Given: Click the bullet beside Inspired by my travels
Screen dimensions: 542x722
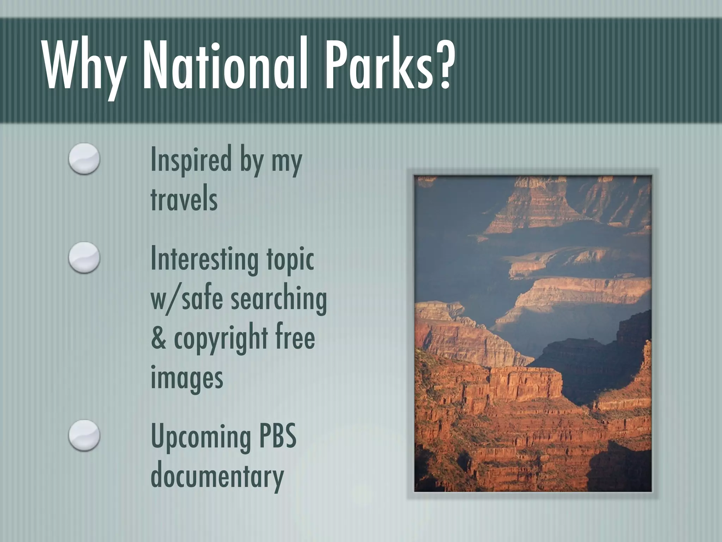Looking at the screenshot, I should click(x=84, y=159).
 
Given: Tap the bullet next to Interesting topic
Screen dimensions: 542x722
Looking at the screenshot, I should click(x=84, y=258).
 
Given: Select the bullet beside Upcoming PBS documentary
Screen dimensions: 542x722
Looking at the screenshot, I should click(x=84, y=435).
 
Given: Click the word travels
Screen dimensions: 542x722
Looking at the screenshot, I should click(x=184, y=199).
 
